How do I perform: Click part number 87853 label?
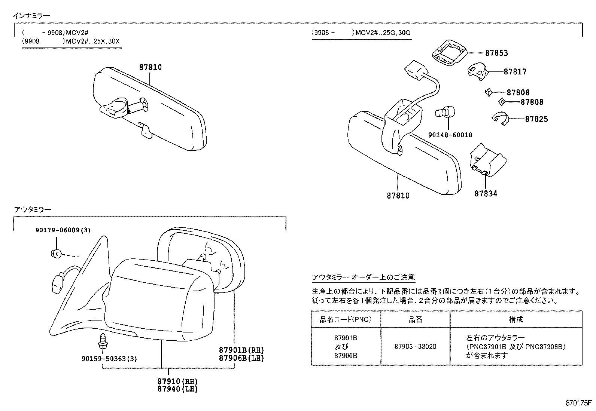point(496,53)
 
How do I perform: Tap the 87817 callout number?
point(515,72)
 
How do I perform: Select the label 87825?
point(536,119)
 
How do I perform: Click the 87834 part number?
point(486,194)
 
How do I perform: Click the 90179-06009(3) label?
point(63,230)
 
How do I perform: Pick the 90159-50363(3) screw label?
point(109,359)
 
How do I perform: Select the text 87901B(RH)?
point(241,350)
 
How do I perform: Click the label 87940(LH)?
point(177,389)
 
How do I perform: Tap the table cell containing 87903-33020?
point(415,346)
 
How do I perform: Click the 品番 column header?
point(415,319)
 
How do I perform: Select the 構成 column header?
point(516,319)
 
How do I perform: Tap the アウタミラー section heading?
point(32,209)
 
